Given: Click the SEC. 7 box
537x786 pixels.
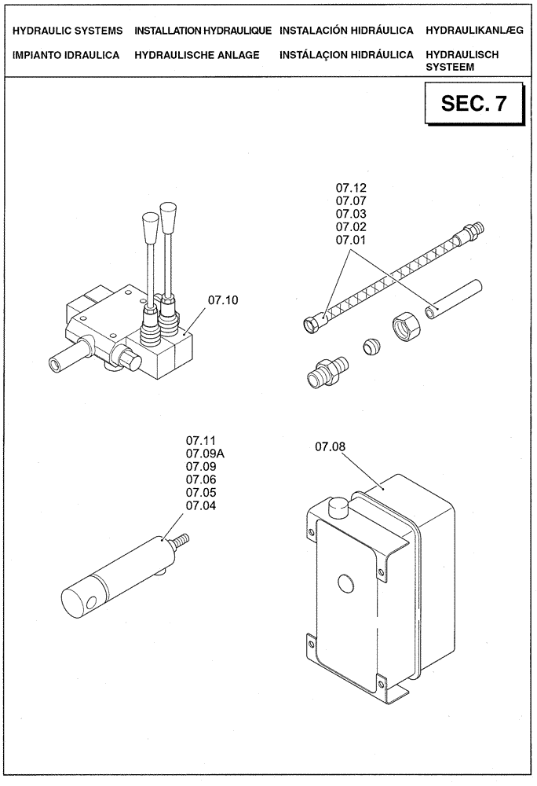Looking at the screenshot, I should pyautogui.click(x=473, y=105).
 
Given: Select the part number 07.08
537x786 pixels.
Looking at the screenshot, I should pyautogui.click(x=331, y=447).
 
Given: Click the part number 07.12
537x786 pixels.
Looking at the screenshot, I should pyautogui.click(x=351, y=189).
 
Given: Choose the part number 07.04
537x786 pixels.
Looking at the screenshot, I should pyautogui.click(x=200, y=505).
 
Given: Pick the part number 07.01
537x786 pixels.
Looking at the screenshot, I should pyautogui.click(x=351, y=239).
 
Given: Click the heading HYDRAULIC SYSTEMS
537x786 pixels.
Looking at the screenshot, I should pyautogui.click(x=68, y=31).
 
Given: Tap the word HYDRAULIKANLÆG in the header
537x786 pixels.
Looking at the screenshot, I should pyautogui.click(x=473, y=31).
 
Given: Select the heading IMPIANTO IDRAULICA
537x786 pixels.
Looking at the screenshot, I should pyautogui.click(x=66, y=56).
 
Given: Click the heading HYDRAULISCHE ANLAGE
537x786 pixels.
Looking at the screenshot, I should pyautogui.click(x=196, y=56).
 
